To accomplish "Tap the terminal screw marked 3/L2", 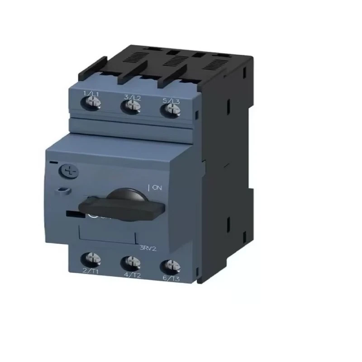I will click(x=131, y=107).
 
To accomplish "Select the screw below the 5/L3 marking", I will click(x=169, y=109).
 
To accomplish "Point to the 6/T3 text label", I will click(x=172, y=278).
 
